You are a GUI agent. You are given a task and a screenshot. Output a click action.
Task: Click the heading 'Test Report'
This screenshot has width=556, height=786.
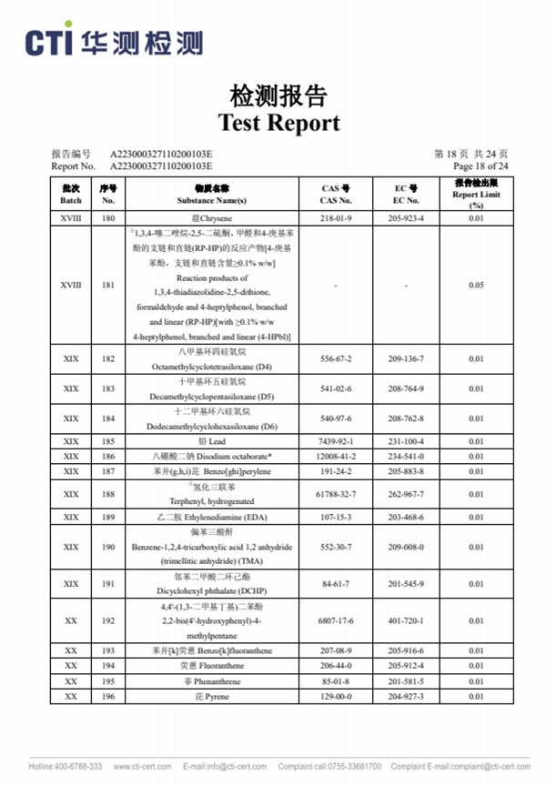point(278,123)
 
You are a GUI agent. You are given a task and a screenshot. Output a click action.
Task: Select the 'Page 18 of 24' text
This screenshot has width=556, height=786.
point(480,166)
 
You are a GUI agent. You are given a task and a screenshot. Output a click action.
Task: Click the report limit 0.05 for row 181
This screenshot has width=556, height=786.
point(476,285)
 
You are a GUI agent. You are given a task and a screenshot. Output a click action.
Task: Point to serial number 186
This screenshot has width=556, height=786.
point(108,456)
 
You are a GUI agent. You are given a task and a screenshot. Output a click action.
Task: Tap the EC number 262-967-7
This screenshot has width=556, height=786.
point(406,495)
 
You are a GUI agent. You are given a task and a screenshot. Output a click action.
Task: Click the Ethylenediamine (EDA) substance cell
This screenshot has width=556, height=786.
point(212,517)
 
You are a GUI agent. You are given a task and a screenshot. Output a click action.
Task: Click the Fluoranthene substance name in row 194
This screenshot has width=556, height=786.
point(212,666)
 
